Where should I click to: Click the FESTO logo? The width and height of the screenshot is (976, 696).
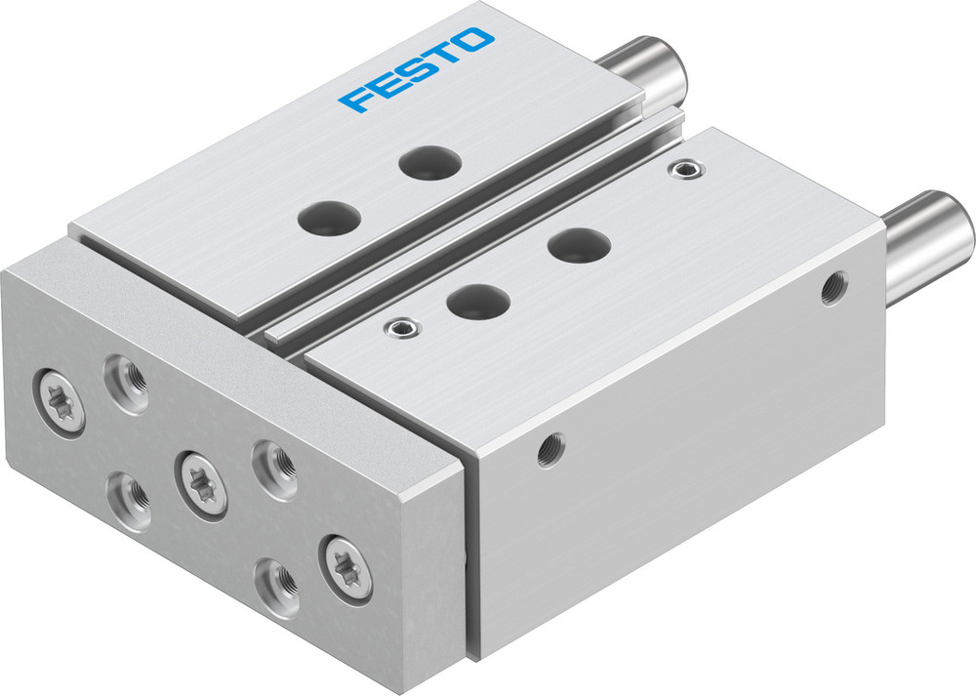(x=417, y=69)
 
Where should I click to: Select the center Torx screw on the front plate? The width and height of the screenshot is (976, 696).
(x=202, y=483)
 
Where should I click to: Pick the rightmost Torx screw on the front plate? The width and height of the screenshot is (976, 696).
(x=346, y=567)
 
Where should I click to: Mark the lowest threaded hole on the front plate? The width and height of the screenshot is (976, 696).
(x=277, y=583)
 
